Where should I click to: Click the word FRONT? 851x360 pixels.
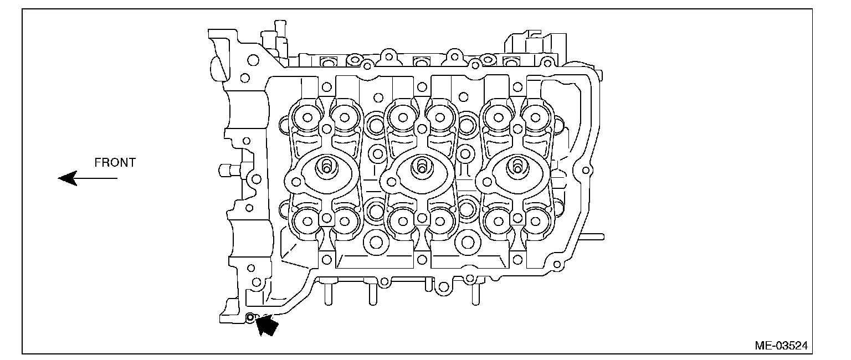click(115, 163)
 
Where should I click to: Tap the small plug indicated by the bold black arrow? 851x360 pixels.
click(250, 318)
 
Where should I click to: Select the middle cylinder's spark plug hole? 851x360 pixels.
click(422, 166)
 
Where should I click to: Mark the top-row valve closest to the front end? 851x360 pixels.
click(305, 117)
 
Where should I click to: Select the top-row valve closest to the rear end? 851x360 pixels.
click(535, 117)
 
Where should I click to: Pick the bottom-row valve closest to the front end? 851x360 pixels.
click(305, 222)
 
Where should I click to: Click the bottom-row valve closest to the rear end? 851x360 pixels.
click(535, 222)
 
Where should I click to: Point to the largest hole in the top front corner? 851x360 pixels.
click(253, 59)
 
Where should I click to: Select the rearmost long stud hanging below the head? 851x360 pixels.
click(475, 294)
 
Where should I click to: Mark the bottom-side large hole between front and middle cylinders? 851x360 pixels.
click(376, 241)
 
